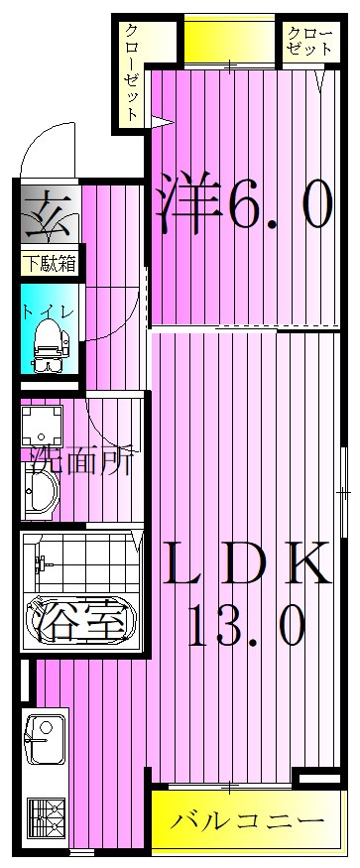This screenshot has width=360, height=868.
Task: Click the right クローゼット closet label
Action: tap(304, 42)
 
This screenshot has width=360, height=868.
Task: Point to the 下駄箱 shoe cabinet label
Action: tap(49, 265)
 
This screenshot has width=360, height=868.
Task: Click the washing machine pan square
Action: tap(44, 428)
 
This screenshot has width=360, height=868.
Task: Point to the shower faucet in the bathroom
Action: tap(42, 564)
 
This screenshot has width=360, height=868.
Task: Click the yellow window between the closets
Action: tap(229, 40)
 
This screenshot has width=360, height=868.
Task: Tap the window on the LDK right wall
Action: tap(343, 490)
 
